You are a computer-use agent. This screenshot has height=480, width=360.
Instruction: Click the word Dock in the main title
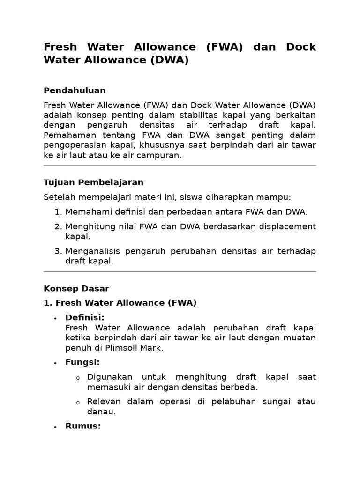301,47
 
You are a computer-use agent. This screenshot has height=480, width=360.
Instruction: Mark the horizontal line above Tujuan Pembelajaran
180,166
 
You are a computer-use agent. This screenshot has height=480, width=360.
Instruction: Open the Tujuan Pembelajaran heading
93,182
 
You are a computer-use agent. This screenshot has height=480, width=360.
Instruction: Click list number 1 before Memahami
58,212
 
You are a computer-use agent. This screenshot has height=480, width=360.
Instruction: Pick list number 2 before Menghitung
58,227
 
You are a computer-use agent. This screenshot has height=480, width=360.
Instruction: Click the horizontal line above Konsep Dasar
180,272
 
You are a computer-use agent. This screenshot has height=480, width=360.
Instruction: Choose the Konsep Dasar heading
76,288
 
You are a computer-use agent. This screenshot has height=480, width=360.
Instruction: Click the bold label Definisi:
85,318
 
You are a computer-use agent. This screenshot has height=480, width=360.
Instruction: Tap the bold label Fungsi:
82,362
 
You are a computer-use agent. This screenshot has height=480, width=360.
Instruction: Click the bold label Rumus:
83,426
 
